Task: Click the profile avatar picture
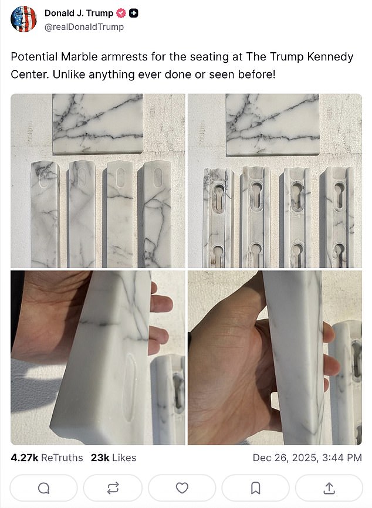coord(23,19)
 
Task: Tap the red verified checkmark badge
coord(121,13)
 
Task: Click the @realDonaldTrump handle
coord(84,27)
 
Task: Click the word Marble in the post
coord(79,57)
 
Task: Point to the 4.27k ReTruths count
coord(47,458)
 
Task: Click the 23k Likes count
coord(113,458)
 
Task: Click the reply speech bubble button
coord(44,487)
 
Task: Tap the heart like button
coord(182,487)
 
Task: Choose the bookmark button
coord(256,487)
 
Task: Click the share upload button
coord(329,487)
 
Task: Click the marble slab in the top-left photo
coord(97,123)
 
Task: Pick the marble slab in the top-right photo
coord(272,124)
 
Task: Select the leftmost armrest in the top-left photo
coord(45,214)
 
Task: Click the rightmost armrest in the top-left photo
coord(155,214)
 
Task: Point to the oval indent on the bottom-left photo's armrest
coord(130,388)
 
